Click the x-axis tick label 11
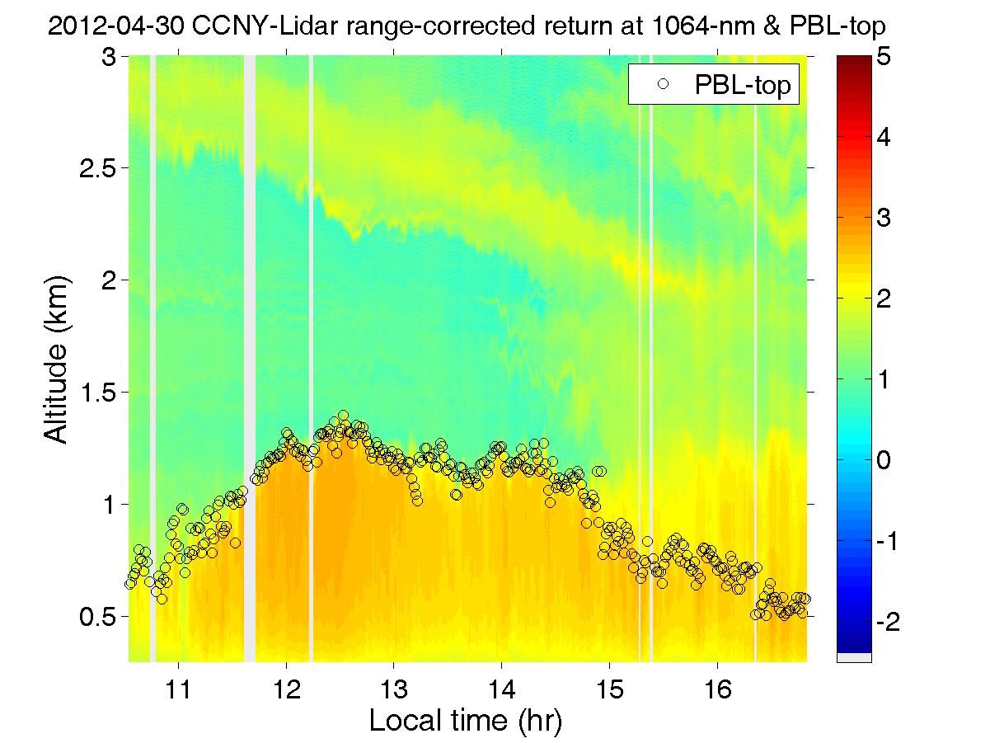[178, 689]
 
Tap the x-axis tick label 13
[394, 689]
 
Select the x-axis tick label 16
[718, 689]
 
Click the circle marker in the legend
[661, 83]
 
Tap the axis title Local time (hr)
[466, 721]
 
